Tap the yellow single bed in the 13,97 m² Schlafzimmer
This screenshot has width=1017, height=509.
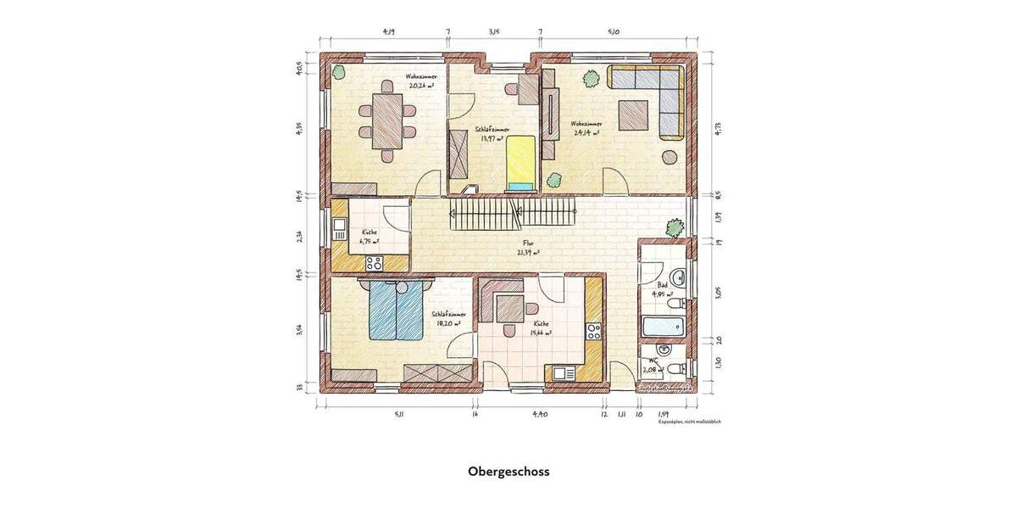520,161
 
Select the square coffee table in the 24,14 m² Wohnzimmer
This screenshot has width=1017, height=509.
634,115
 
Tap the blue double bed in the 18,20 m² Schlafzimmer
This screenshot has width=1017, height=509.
396,310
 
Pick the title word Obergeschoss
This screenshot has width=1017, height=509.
508,471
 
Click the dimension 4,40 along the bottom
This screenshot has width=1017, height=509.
540,415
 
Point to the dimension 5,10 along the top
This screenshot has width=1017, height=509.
614,32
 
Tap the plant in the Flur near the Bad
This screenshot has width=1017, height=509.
675,227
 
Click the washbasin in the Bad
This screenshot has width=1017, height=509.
678,277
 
